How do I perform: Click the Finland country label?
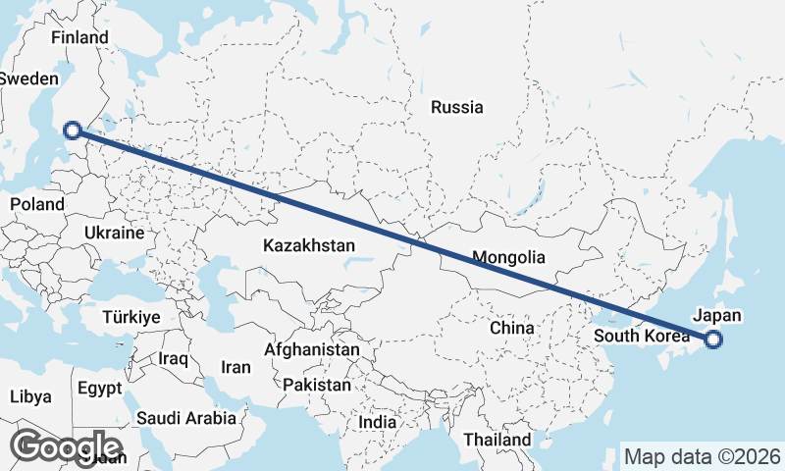coord(80,37)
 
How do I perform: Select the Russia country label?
coord(457,107)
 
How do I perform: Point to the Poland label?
coord(36,204)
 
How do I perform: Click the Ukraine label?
coord(115,234)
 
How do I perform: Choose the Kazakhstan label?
coord(309,245)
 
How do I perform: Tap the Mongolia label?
coord(508,259)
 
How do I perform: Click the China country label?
coord(511,328)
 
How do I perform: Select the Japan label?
coord(717,316)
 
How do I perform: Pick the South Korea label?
coord(641,337)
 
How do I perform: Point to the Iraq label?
coord(173,359)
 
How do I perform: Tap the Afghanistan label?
coord(312,349)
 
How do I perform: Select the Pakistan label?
coord(316,386)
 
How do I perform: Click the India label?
coord(378,422)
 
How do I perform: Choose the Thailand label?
coord(498,440)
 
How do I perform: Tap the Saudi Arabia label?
coord(186,418)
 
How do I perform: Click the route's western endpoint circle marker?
coord(72,130)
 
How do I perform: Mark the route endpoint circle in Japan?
coord(713,340)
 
